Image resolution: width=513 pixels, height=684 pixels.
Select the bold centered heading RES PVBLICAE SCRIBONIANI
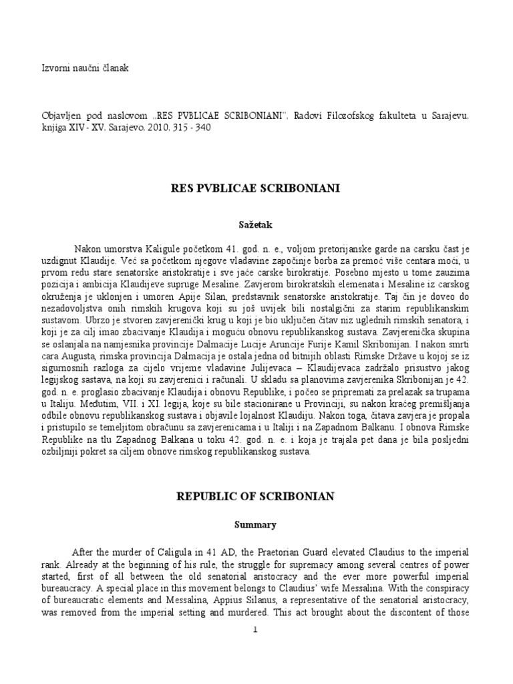click(x=256, y=189)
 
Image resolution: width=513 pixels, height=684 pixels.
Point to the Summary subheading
click(x=256, y=525)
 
